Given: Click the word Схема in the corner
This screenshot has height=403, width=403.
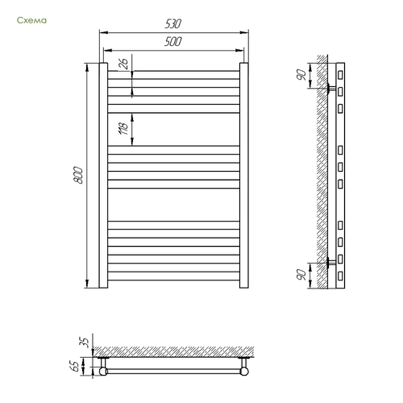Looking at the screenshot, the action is (x=31, y=20).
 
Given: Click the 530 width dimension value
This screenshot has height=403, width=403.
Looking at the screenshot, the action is (x=173, y=23).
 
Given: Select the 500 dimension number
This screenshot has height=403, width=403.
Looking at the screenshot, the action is (x=173, y=41).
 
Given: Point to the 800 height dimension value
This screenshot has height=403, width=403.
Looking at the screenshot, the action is (x=78, y=175).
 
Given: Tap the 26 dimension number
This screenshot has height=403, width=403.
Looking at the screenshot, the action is (x=123, y=64).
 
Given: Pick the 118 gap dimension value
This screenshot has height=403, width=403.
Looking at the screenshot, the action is (x=123, y=128).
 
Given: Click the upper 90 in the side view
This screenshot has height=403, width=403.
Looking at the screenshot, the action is (x=301, y=75).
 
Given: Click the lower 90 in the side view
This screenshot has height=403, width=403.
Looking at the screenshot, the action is (x=301, y=275).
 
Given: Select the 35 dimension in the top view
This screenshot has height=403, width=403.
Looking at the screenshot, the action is (x=85, y=343).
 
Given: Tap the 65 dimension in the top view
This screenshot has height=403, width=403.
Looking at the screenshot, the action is (x=77, y=366).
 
